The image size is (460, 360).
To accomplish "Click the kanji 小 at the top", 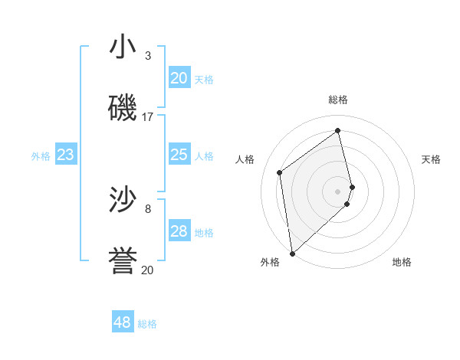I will (123, 47).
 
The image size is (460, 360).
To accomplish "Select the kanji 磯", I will (123, 108).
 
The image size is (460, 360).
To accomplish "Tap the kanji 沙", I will (123, 200).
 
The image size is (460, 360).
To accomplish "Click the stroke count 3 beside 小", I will (148, 56).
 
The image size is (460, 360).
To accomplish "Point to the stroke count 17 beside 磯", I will (148, 117).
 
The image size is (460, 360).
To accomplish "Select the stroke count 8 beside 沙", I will (148, 208).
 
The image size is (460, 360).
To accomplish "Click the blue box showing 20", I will (179, 78).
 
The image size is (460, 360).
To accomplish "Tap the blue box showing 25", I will (179, 155).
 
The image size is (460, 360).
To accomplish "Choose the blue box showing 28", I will (179, 231).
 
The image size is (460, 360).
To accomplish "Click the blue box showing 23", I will (66, 155).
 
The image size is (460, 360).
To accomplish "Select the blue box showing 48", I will (123, 322).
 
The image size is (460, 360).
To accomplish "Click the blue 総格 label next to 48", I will (147, 324).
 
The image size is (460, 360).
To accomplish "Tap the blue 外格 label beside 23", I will (41, 156).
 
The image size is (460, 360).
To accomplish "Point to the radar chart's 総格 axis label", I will (338, 100).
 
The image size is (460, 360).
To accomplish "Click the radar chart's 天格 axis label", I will (431, 159).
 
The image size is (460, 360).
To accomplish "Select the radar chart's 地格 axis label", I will (402, 262).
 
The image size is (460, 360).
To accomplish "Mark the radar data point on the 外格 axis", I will (292, 254).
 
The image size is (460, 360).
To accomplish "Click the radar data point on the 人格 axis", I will (280, 172).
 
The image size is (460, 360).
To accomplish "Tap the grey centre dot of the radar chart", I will (338, 191).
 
